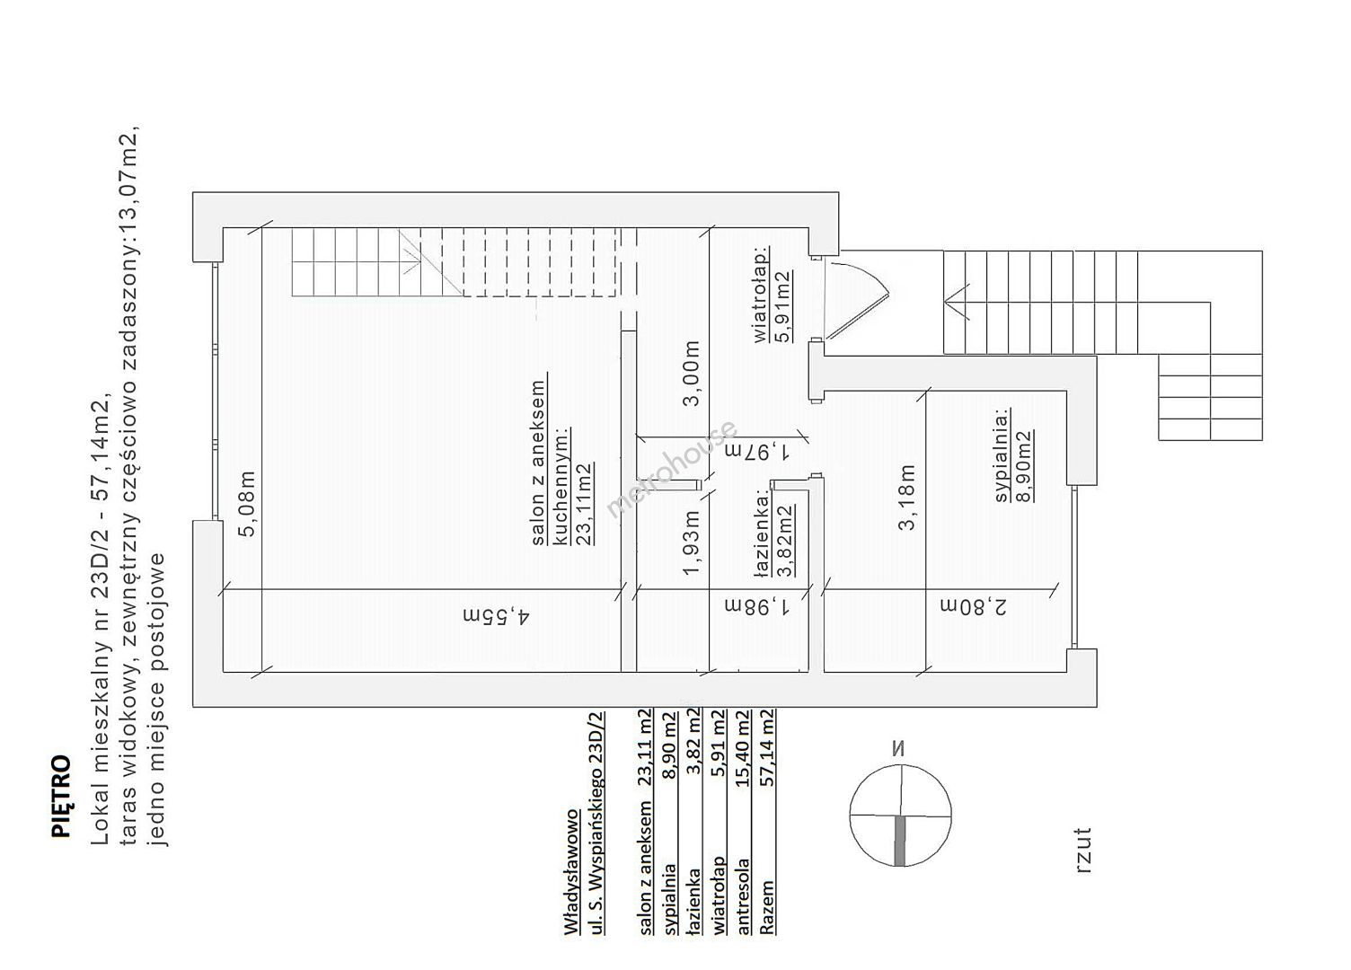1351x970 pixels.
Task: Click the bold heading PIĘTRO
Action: tap(61, 796)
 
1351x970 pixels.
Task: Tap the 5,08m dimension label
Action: tap(247, 503)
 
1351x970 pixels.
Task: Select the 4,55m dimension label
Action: tap(496, 615)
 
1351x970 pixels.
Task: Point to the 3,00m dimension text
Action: tap(692, 373)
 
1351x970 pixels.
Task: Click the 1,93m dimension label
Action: tap(692, 542)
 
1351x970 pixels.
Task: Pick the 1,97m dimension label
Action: tap(757, 450)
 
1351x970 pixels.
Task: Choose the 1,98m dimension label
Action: tap(757, 605)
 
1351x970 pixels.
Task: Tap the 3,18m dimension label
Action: tap(906, 497)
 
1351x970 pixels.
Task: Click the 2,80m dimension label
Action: tap(974, 605)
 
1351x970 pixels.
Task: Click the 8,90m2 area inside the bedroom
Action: tap(1023, 465)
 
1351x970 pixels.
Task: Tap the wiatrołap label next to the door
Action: tap(762, 295)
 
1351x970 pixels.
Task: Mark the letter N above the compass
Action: tap(898, 749)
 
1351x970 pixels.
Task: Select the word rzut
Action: tap(1082, 851)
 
